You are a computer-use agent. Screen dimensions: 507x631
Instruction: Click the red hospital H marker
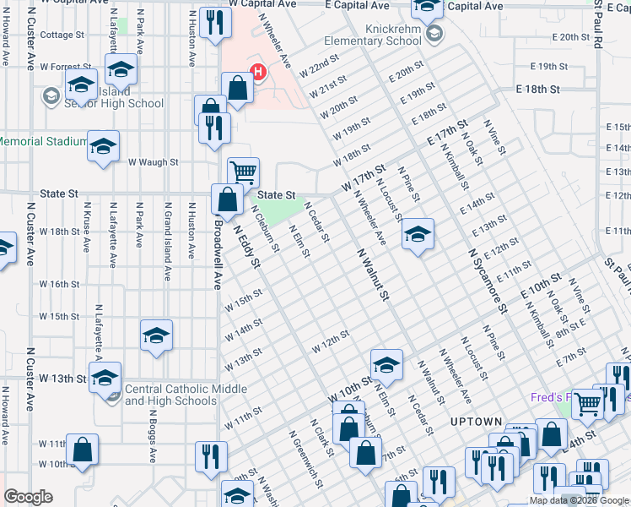(258, 73)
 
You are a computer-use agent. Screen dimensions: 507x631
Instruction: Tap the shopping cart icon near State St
(243, 172)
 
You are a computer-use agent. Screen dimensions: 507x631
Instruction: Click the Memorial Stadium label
(42, 141)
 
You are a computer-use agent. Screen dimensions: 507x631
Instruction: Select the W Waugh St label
(153, 161)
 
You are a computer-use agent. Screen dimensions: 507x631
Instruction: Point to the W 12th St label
(330, 342)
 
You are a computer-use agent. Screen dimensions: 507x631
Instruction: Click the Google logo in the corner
(28, 497)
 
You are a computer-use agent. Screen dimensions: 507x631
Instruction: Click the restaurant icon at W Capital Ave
(217, 23)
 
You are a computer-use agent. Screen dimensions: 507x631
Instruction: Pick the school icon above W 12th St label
(386, 364)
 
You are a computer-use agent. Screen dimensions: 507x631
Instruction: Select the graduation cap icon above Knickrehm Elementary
(428, 8)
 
